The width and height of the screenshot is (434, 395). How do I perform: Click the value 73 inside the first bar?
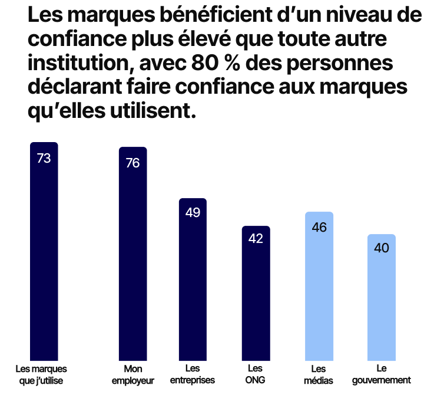(x=44, y=158)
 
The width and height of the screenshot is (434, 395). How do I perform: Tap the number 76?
(x=132, y=163)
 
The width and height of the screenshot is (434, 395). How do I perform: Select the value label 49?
(x=193, y=213)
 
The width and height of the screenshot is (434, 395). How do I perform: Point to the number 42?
(x=256, y=239)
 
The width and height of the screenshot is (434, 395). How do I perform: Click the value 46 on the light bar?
(x=319, y=227)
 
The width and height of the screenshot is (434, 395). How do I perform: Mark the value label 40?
(x=382, y=248)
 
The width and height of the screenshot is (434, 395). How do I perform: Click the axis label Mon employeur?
(x=132, y=374)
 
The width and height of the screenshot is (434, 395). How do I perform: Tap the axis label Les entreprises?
(x=193, y=374)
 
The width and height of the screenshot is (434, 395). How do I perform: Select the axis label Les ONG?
(x=256, y=374)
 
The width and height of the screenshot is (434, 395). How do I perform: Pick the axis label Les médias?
(x=319, y=374)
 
